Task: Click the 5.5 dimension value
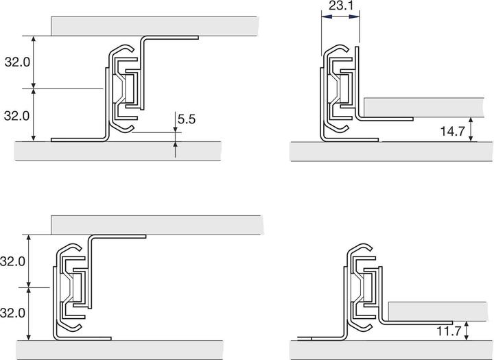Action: tap(187, 120)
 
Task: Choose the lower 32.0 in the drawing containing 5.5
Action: tap(17, 115)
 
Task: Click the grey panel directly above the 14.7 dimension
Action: tap(425, 108)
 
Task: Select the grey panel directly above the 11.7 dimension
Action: tap(439, 311)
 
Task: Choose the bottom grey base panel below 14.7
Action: tap(391, 152)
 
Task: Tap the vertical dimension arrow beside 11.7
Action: tap(467, 333)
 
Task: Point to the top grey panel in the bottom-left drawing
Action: tap(158, 225)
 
